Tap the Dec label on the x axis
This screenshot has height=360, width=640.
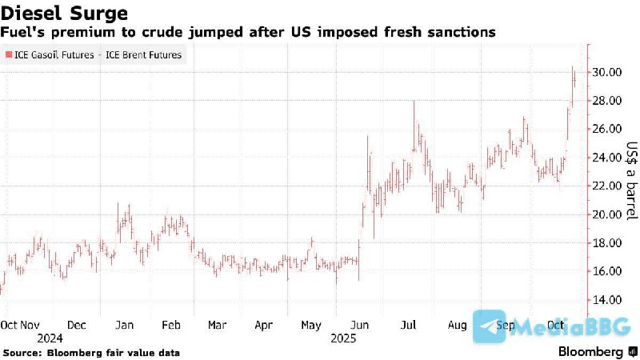coord(77,326)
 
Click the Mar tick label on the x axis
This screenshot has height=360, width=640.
coord(217,326)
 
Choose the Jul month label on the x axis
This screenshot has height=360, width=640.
coord(408,326)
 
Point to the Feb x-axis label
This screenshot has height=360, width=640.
coord(171,326)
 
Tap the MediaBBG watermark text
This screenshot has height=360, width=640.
coord(571,327)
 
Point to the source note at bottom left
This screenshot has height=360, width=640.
coord(91,353)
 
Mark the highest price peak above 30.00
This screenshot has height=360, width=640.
coord(573,67)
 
